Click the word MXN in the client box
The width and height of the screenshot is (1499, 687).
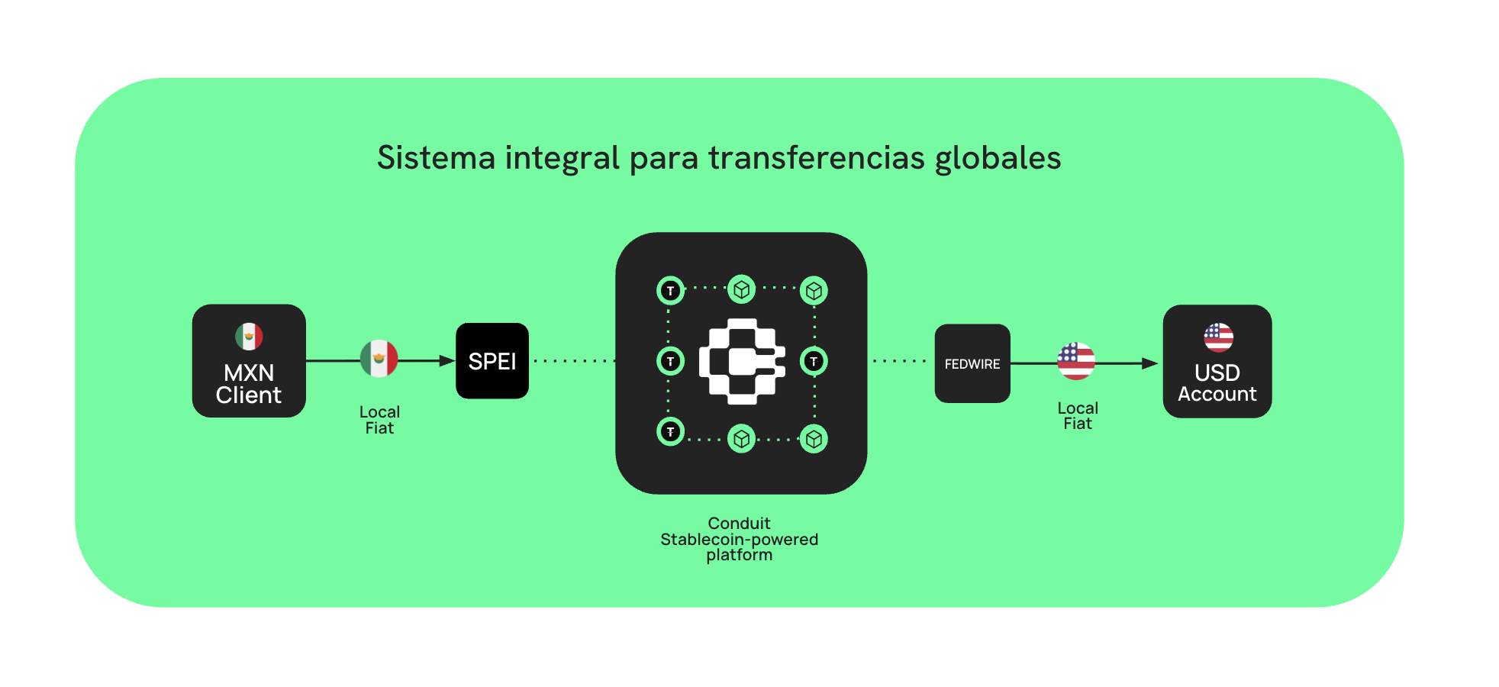(x=249, y=373)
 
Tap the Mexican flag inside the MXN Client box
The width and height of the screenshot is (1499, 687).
(x=249, y=336)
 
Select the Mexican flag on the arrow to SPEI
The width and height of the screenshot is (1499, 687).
(x=379, y=359)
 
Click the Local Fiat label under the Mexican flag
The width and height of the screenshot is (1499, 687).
(x=379, y=420)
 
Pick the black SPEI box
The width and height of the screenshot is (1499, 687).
(x=492, y=361)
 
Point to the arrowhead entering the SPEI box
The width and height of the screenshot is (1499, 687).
(x=448, y=360)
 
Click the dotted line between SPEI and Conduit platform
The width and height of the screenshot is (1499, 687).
(x=572, y=361)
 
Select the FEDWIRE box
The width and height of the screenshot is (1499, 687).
(x=972, y=364)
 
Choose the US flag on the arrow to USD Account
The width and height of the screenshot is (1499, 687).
(x=1076, y=361)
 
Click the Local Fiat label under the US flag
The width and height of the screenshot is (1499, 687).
(x=1078, y=416)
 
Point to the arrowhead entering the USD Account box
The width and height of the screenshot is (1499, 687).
(x=1150, y=363)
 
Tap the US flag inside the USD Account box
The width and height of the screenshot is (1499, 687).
(x=1218, y=337)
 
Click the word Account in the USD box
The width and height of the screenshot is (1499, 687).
(x=1217, y=394)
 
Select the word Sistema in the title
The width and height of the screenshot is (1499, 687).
(x=437, y=158)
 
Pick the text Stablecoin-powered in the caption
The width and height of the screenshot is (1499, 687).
(x=739, y=540)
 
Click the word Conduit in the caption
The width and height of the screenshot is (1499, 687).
(x=739, y=524)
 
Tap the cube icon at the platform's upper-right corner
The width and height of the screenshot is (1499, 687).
(x=814, y=291)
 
